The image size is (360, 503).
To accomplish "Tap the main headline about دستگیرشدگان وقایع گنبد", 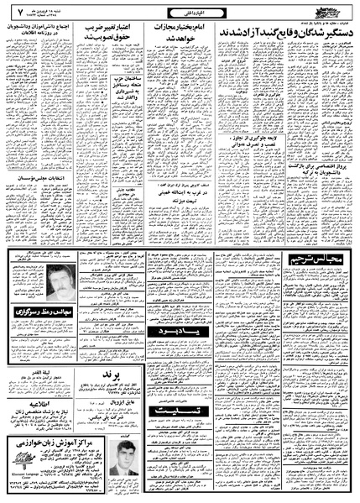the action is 285,30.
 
